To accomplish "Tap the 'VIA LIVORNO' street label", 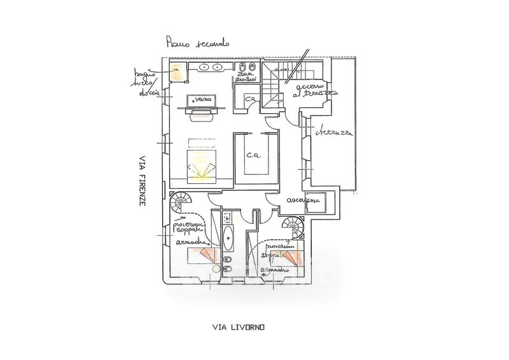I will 239,328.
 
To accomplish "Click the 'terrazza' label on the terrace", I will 336,132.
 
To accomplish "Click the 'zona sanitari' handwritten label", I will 245,78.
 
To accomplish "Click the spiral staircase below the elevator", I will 293,226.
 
